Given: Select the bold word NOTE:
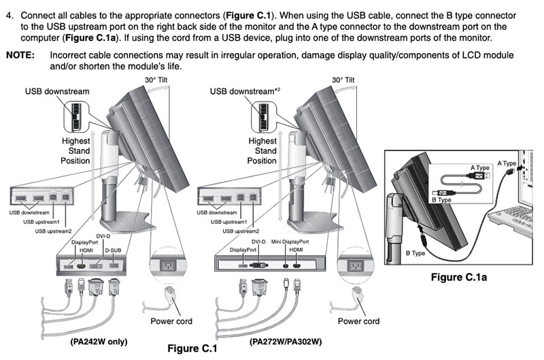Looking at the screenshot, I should click(20, 55).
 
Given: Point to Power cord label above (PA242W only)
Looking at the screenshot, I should click(171, 321).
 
